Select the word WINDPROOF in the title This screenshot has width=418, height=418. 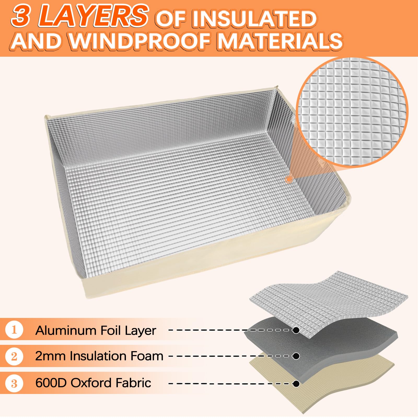(139, 41)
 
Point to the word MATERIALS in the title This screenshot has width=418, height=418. (280, 41)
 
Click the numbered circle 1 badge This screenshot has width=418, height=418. (14, 330)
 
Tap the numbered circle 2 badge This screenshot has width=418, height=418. (14, 356)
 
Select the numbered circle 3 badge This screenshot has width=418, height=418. (14, 384)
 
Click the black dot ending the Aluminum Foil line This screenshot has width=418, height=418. (296, 330)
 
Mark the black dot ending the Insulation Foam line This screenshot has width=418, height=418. (296, 356)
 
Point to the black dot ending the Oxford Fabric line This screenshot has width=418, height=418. (296, 384)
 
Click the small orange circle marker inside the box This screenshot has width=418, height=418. (289, 179)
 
